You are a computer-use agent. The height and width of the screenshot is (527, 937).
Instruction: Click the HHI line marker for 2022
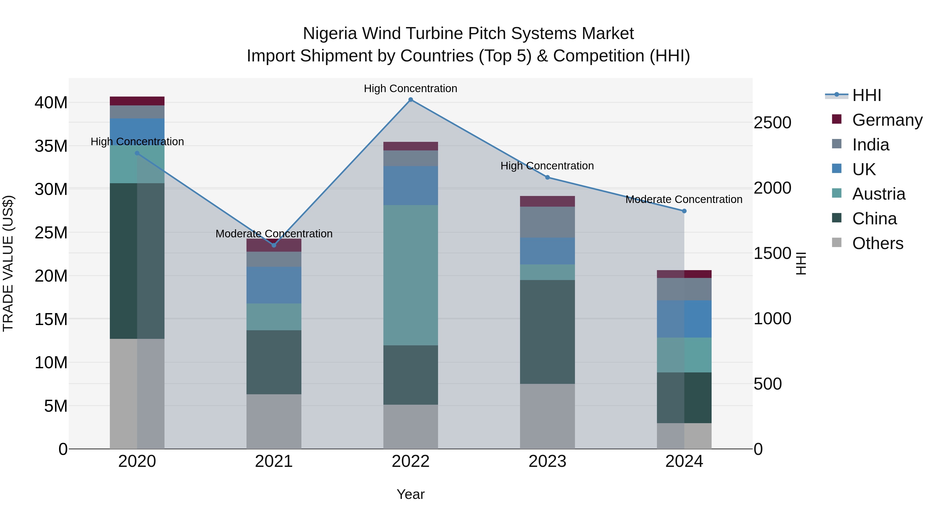(411, 100)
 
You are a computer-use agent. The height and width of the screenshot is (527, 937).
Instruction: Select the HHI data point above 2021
(274, 245)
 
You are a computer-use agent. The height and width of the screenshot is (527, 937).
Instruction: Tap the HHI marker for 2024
(684, 211)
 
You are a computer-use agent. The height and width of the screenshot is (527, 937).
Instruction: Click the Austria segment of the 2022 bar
(411, 275)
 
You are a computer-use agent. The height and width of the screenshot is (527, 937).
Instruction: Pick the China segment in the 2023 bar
(547, 332)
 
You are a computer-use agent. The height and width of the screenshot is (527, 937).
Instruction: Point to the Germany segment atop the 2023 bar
(547, 201)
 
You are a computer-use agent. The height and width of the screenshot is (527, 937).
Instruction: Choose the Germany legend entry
(887, 120)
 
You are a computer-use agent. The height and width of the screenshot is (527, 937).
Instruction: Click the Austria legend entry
(878, 194)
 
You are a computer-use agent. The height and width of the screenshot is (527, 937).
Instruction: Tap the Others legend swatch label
(877, 243)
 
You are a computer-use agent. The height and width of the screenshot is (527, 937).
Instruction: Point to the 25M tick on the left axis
(51, 232)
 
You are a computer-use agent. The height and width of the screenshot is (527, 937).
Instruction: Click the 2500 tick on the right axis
(772, 123)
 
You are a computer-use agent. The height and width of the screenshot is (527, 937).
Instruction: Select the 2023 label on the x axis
(547, 461)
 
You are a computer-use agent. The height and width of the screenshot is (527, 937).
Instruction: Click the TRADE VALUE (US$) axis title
(8, 263)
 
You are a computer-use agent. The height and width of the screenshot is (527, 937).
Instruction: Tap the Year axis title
(411, 494)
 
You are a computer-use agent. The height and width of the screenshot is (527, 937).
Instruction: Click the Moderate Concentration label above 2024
(684, 199)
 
